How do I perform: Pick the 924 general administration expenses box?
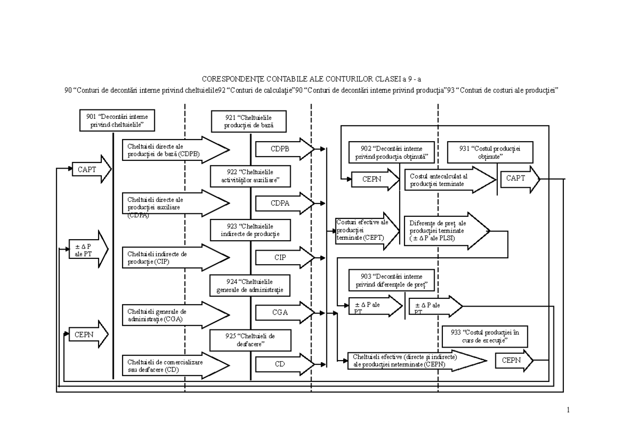pyautogui.click(x=251, y=285)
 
